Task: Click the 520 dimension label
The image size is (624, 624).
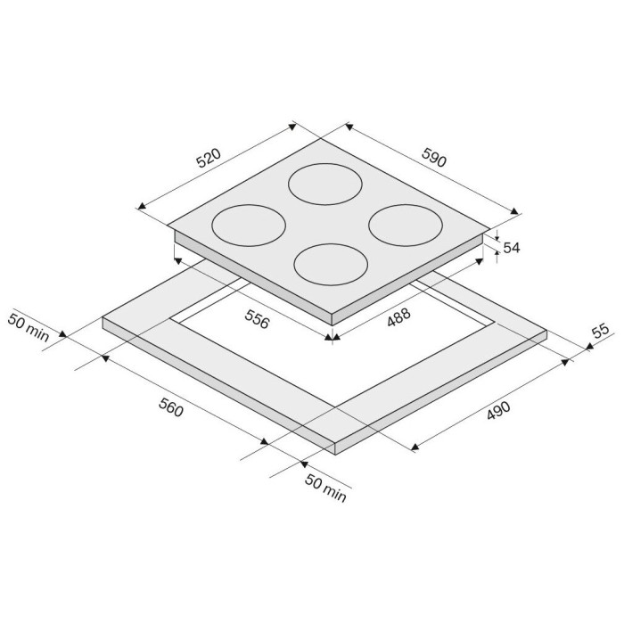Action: (209, 158)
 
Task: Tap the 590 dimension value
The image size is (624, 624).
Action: (434, 157)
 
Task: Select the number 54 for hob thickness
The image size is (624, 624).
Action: (512, 248)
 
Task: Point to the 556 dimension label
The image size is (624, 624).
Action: (257, 319)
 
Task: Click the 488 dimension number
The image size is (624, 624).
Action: (398, 317)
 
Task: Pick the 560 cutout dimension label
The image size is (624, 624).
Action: (171, 407)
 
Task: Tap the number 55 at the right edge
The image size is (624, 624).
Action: (601, 331)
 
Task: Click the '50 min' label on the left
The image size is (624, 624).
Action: (29, 328)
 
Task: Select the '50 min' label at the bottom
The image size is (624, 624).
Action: (325, 489)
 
